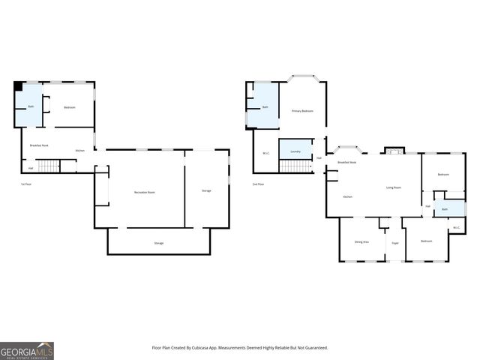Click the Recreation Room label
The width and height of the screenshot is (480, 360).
pyautogui.click(x=145, y=193)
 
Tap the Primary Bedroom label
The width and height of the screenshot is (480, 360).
pyautogui.click(x=302, y=111)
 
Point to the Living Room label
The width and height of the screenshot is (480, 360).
pyautogui.click(x=393, y=187)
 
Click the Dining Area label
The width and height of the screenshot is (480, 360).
pyautogui.click(x=361, y=241)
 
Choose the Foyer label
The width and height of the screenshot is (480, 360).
pyautogui.click(x=394, y=243)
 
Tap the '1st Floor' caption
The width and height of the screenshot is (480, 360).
pyautogui.click(x=25, y=184)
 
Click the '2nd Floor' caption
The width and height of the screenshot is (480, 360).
pyautogui.click(x=258, y=184)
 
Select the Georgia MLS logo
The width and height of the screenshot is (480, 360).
pyautogui.click(x=27, y=350)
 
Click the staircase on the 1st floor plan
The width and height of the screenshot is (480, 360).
pyautogui.click(x=48, y=166)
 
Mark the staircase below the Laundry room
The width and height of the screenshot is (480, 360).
pyautogui.click(x=295, y=165)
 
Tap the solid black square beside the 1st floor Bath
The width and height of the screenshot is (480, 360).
pyautogui.click(x=18, y=86)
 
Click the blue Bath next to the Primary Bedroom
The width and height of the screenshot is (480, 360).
pyautogui.click(x=264, y=106)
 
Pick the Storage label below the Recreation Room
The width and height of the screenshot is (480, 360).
pyautogui.click(x=159, y=243)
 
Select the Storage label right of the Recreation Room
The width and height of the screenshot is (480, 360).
pyautogui.click(x=206, y=190)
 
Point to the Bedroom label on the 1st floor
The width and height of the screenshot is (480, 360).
pyautogui.click(x=69, y=107)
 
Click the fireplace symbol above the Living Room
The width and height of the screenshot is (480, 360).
pyautogui.click(x=394, y=150)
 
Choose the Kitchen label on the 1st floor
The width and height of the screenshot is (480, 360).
pyautogui.click(x=80, y=151)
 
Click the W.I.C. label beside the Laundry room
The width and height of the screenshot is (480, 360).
pyautogui.click(x=265, y=154)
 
